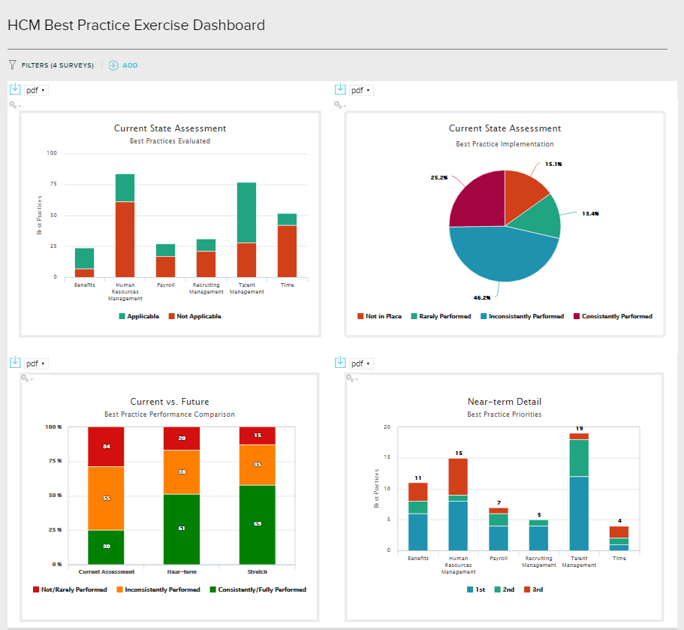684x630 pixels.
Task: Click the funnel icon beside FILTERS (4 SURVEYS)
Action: tap(12, 65)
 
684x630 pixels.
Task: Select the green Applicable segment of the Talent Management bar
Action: tap(246, 213)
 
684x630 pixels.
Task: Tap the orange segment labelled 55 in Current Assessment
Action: tap(106, 499)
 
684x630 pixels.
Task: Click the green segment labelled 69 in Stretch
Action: tap(257, 524)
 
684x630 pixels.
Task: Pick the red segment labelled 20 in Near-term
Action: tap(182, 439)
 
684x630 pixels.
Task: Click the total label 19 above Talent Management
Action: tap(579, 428)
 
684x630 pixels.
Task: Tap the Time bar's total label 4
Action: tap(619, 521)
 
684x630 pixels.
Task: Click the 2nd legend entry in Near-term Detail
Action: tap(505, 589)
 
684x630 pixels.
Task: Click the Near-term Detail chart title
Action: tap(504, 402)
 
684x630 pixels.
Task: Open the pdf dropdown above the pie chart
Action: tap(362, 90)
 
